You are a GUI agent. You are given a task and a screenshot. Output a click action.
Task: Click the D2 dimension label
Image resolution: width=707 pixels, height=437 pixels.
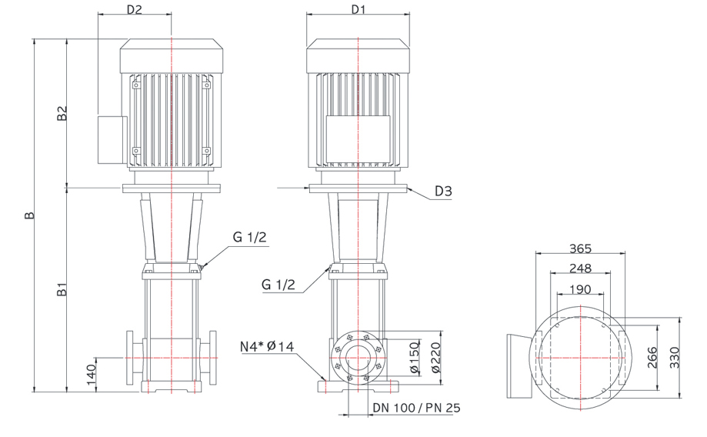(x=134, y=8)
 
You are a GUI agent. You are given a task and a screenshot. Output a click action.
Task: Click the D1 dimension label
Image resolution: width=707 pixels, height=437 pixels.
(x=358, y=8)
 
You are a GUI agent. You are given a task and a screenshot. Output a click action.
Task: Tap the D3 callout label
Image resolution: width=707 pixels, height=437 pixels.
(x=443, y=192)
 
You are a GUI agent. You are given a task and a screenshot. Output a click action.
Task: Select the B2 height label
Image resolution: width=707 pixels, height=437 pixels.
(x=62, y=113)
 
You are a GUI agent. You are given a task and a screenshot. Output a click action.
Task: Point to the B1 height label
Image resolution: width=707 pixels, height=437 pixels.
(x=62, y=289)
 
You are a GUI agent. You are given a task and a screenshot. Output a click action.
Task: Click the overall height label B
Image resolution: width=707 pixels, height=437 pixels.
(x=29, y=215)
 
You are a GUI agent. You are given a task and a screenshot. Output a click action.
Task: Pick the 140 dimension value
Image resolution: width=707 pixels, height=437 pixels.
(x=91, y=375)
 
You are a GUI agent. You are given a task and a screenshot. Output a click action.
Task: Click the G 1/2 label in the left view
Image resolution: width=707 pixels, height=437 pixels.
(x=250, y=237)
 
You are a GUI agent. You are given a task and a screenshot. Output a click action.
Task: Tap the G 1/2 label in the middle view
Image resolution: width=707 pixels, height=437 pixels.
(x=278, y=285)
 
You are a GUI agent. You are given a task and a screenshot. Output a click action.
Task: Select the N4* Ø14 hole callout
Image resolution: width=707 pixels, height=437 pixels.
(x=266, y=346)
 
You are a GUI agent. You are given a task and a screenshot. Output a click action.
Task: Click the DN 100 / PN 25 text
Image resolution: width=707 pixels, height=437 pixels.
(x=417, y=408)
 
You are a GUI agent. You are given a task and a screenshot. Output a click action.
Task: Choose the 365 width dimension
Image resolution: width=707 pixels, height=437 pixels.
(x=580, y=249)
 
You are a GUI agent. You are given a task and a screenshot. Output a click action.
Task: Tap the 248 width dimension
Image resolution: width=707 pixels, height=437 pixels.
(x=580, y=269)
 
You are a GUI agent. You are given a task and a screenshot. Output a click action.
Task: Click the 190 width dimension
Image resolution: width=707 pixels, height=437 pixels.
(x=580, y=289)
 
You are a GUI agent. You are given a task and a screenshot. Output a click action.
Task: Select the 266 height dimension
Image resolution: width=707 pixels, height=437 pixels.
(x=652, y=358)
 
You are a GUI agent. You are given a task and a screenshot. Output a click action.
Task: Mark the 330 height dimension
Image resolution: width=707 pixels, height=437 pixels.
(x=674, y=358)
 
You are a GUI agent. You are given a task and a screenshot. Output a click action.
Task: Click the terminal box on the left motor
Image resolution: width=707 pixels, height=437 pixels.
(x=112, y=140)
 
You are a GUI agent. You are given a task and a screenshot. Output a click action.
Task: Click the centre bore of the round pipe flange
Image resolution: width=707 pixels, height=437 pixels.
(x=358, y=358)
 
